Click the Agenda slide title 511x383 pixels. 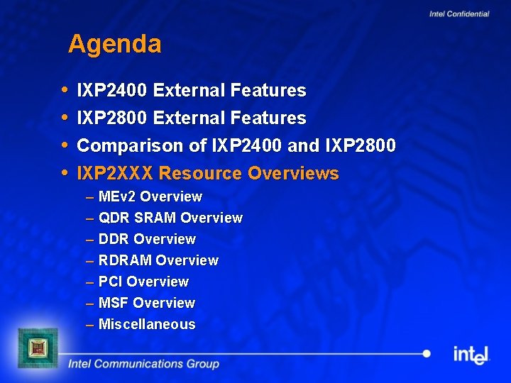point(115,45)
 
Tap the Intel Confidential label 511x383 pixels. point(459,14)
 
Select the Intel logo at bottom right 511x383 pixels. point(471,354)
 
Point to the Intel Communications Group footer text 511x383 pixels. point(143,365)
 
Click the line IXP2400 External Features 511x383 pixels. point(191,91)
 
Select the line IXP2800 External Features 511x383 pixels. point(191,118)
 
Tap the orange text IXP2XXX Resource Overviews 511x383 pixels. point(207,173)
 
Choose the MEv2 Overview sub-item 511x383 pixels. point(150,196)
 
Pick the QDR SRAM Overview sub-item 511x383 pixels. point(170,218)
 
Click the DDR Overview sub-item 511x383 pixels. point(147,239)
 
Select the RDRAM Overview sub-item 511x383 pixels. point(158,260)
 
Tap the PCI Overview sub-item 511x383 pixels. point(143,282)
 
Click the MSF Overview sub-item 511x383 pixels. point(146,303)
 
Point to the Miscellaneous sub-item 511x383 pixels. point(147,324)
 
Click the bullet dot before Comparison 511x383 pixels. point(65,145)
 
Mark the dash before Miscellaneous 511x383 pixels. point(90,325)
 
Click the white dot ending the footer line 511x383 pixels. point(427,353)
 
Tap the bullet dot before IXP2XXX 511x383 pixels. point(65,172)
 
